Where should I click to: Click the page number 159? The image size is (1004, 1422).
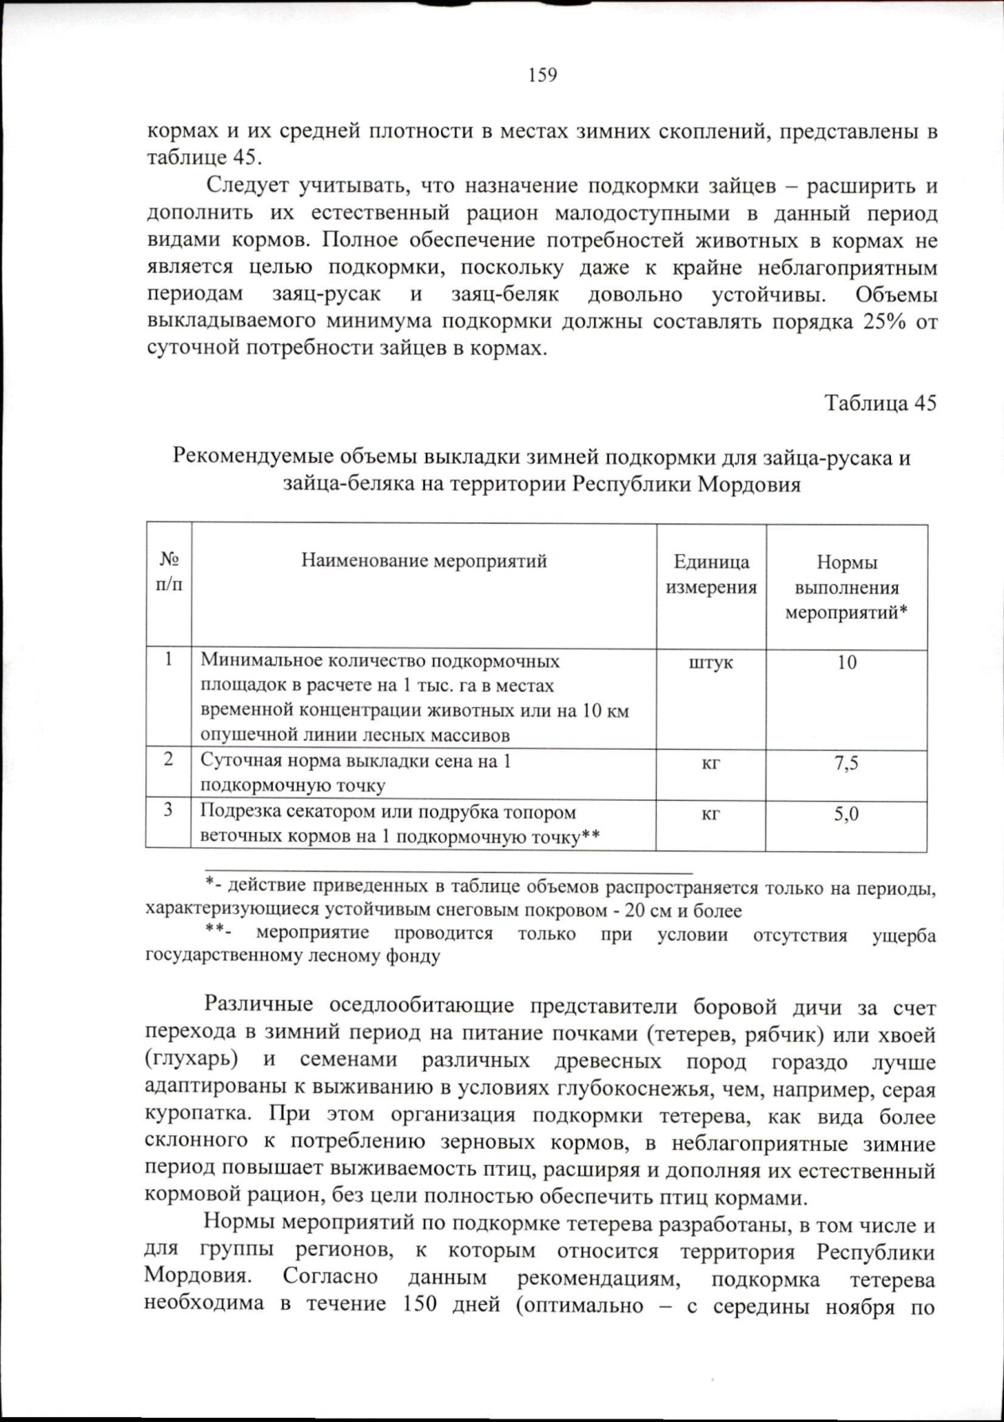[x=542, y=75]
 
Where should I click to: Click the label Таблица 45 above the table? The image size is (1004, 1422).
[x=880, y=403]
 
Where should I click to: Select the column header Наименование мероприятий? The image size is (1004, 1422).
[x=424, y=561]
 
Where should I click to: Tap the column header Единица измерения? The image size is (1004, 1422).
[x=711, y=574]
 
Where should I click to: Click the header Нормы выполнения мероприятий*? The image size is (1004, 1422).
[x=847, y=587]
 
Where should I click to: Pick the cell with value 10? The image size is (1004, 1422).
[x=847, y=662]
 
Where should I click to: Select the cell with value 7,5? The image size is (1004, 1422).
[x=847, y=762]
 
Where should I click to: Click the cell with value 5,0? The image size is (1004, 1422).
[x=847, y=814]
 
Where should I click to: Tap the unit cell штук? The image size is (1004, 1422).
[x=711, y=662]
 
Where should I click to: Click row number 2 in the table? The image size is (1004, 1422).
[x=169, y=760]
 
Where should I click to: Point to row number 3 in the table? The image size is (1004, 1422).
[x=169, y=810]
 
